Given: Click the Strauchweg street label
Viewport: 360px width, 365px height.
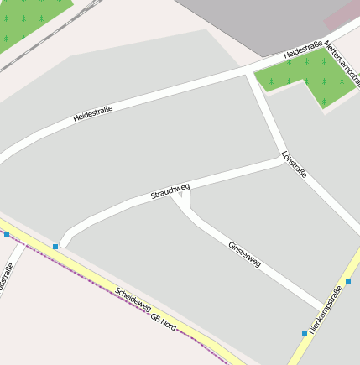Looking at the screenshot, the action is click(170, 190).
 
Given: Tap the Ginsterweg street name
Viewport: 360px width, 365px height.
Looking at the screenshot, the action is click(244, 254).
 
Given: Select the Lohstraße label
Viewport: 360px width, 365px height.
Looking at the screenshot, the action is click(295, 164).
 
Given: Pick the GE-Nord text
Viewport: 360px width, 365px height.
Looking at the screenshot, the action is click(164, 321).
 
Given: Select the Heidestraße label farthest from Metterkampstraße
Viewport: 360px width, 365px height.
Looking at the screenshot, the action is click(93, 111).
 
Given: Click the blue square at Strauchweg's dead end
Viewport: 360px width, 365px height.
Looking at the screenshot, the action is click(55, 247).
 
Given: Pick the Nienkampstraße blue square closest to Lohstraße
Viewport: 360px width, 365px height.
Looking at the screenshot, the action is click(347, 281).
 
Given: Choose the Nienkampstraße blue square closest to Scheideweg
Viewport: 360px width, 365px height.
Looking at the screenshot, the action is click(305, 334).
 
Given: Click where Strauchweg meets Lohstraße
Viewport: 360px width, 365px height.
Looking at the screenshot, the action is click(283, 159).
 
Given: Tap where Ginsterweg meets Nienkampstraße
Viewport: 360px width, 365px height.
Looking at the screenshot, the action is click(323, 307).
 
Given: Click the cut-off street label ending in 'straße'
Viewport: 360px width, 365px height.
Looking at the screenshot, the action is click(7, 277).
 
